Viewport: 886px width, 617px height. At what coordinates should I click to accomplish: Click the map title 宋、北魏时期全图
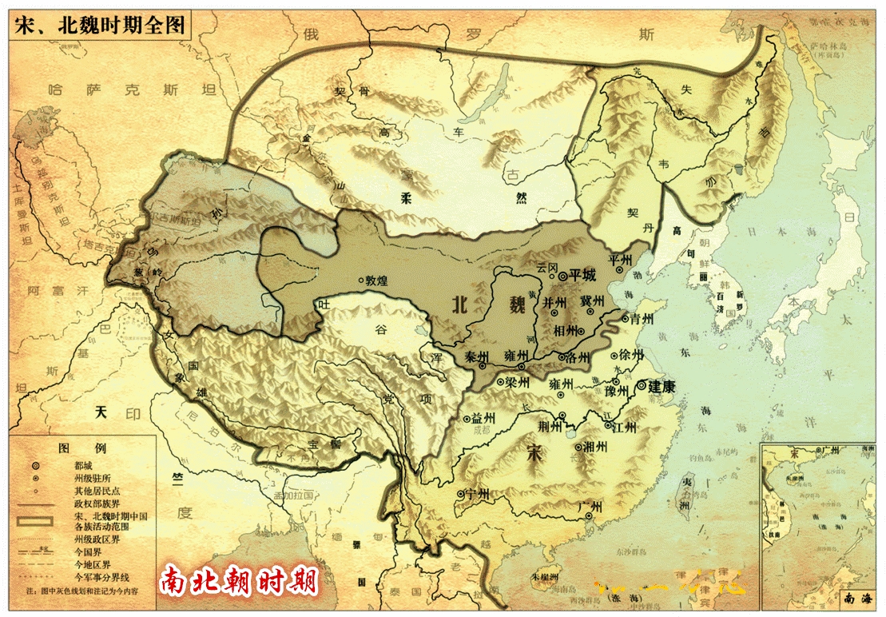pyautogui.click(x=100, y=23)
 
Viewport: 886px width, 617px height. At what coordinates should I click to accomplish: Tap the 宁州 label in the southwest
pyautogui.click(x=477, y=493)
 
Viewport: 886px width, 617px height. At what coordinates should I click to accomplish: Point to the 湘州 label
pyautogui.click(x=595, y=446)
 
